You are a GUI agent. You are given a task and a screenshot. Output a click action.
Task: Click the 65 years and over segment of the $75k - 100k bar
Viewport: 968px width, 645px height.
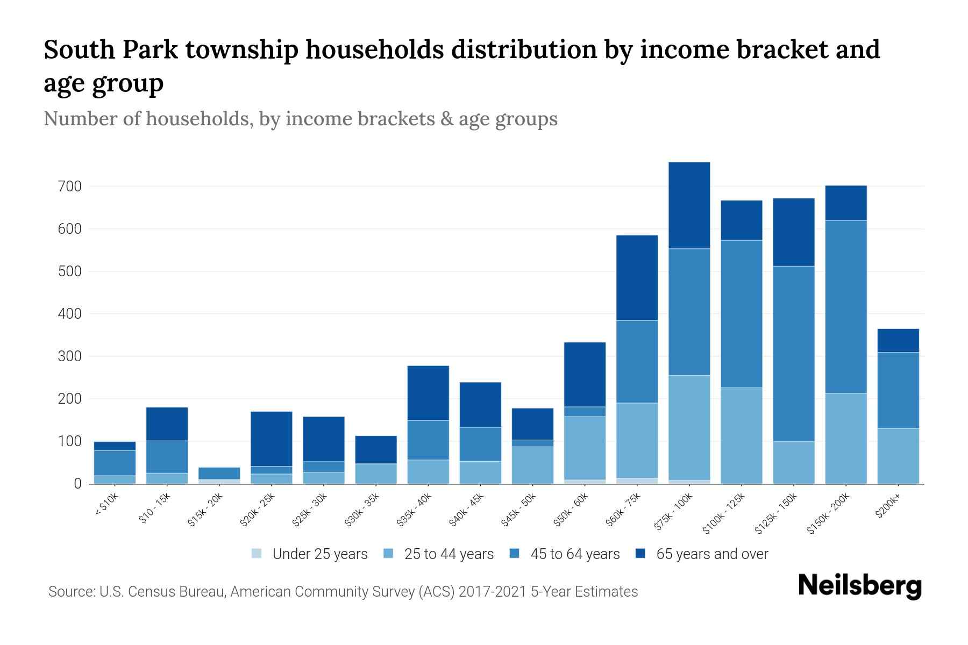(689, 205)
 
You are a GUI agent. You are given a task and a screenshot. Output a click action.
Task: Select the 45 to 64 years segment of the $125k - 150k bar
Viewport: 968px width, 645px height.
(793, 354)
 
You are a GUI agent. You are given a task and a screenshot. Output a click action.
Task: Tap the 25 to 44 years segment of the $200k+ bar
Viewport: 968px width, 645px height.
(898, 456)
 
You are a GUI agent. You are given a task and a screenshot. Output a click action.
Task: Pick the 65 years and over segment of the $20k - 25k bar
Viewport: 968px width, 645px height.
(271, 439)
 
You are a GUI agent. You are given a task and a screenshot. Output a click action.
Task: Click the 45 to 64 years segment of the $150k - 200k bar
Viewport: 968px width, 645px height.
(845, 306)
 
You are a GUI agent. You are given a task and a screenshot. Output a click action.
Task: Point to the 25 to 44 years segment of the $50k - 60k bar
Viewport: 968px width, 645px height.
(585, 448)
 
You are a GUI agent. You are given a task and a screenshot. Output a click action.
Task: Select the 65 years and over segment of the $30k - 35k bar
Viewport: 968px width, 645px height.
(375, 450)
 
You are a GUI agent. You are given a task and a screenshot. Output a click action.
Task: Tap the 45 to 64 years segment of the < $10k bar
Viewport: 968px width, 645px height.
(115, 463)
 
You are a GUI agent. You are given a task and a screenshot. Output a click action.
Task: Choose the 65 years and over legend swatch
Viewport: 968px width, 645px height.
(640, 554)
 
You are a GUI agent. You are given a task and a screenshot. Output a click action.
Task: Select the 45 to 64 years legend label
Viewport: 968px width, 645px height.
(574, 554)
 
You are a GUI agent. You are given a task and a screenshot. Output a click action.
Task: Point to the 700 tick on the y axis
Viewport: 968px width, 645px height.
(70, 187)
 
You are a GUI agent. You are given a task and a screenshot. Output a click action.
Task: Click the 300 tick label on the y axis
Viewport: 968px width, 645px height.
(70, 356)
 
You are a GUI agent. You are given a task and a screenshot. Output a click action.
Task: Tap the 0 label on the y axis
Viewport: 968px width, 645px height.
(77, 484)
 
